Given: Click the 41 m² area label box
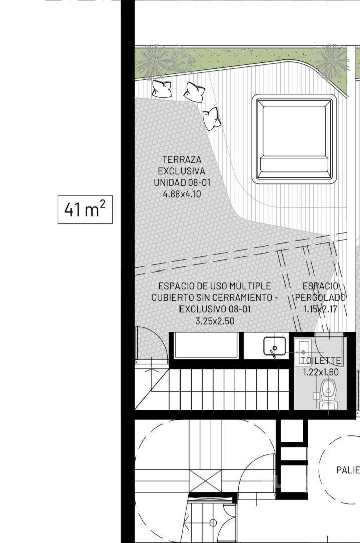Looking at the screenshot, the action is [x=85, y=209].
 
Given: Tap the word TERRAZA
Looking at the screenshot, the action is [x=182, y=160].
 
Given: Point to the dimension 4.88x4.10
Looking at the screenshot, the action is [x=182, y=194].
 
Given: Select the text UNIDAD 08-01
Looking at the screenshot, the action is [x=182, y=183].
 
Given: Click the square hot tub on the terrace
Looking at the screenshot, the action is [x=294, y=139].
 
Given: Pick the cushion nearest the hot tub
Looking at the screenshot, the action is [x=211, y=118].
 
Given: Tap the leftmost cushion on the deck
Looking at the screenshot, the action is [x=162, y=89].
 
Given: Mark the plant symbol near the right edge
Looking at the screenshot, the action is [x=331, y=61].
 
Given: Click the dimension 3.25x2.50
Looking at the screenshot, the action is [x=215, y=321].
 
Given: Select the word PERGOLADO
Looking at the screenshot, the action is [x=320, y=298].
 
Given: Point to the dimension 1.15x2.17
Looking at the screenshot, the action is [x=320, y=309].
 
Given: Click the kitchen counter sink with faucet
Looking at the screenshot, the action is [x=275, y=347].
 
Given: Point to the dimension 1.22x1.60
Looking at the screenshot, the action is [x=321, y=372].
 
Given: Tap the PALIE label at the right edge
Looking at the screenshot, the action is [x=348, y=470].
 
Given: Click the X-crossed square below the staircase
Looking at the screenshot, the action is [x=205, y=481].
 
